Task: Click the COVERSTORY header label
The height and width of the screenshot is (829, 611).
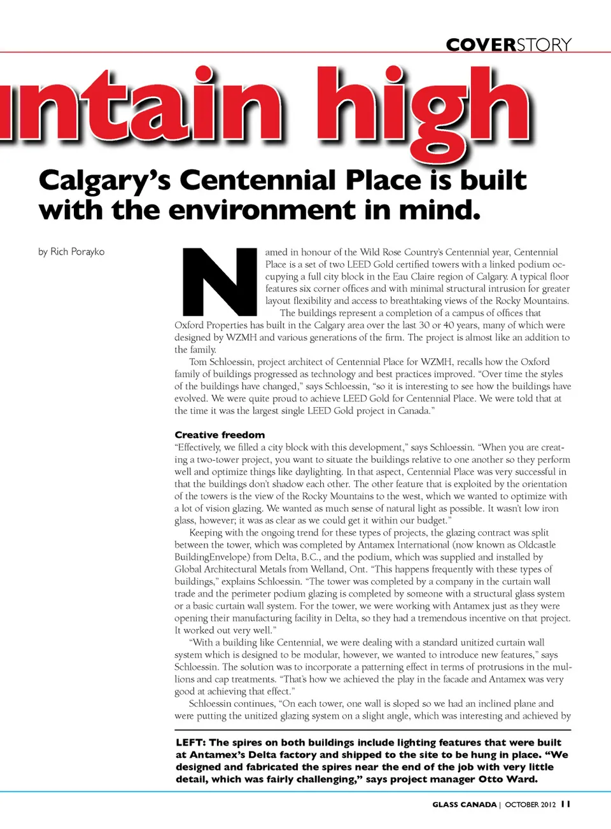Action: (509, 45)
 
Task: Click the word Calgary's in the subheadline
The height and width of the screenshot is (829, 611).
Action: (104, 181)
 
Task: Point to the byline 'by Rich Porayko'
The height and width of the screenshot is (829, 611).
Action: (71, 252)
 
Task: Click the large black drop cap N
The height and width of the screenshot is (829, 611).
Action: (220, 281)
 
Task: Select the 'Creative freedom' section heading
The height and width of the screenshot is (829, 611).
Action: (220, 435)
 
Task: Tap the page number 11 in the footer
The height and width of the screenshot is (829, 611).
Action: (566, 804)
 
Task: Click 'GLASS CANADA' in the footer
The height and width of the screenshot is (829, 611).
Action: (464, 805)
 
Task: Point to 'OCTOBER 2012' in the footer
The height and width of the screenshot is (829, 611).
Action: (530, 805)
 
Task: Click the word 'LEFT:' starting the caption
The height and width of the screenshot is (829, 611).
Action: (190, 742)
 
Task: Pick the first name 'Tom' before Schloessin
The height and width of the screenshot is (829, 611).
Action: (198, 362)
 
